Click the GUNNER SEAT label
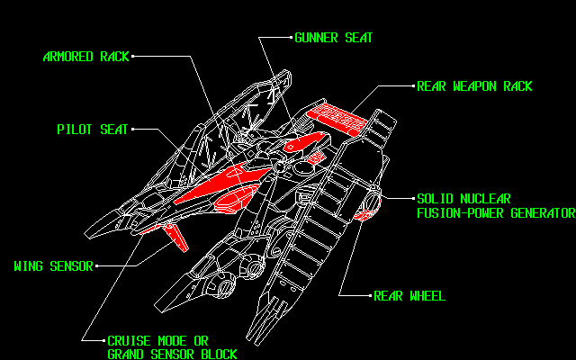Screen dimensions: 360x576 point(333,39)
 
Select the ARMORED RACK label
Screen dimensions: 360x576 point(85,57)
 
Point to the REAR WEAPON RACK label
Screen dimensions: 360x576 point(474,87)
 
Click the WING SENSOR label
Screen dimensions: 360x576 point(53,266)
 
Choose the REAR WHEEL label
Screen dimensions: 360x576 point(409,296)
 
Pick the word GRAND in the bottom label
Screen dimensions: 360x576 point(126,355)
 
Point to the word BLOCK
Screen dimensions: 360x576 point(218,355)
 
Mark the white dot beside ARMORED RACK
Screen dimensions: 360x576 point(131,57)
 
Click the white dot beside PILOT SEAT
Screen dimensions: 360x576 point(133,130)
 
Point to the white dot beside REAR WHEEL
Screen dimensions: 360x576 point(370,295)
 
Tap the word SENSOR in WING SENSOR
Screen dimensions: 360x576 point(71,266)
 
